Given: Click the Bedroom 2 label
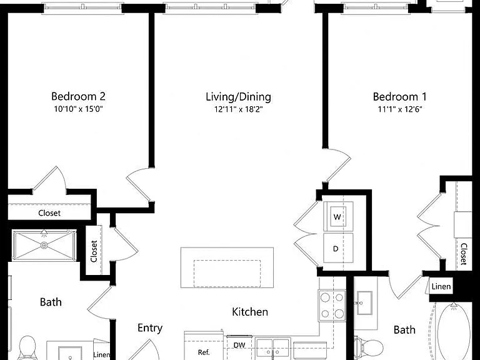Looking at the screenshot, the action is click(78, 96).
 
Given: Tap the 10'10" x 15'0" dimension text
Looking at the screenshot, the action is click(78, 109).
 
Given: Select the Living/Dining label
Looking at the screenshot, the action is click(238, 97).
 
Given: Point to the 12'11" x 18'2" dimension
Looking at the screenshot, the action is click(239, 109).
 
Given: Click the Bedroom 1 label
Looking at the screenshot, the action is click(399, 97).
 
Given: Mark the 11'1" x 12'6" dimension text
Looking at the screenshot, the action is click(400, 109).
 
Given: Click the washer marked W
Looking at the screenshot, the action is click(338, 216).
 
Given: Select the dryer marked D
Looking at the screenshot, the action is click(338, 248).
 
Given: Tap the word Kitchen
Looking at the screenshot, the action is click(250, 312).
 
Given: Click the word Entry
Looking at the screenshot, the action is click(150, 328).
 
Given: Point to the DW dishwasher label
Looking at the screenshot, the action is click(239, 345).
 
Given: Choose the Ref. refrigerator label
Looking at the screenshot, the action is click(204, 352).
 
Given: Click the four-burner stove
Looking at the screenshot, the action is click(332, 305).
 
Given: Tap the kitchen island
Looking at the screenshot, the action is click(227, 267).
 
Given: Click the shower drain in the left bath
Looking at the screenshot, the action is click(44, 245).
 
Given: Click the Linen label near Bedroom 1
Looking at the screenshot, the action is click(441, 287).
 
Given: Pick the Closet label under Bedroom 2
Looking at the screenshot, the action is click(49, 213).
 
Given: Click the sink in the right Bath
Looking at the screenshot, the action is click(364, 303).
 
